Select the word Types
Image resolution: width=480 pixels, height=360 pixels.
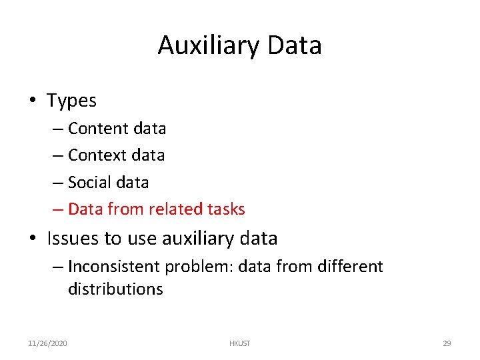[x=71, y=101]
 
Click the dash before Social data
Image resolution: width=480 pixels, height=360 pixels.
[x=58, y=183]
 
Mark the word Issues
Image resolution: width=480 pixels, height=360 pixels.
[x=71, y=238]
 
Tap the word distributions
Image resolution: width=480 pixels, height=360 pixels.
[x=115, y=289]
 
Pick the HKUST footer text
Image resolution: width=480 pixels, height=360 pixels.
[x=239, y=343]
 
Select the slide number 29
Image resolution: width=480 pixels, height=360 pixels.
[x=447, y=343]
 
